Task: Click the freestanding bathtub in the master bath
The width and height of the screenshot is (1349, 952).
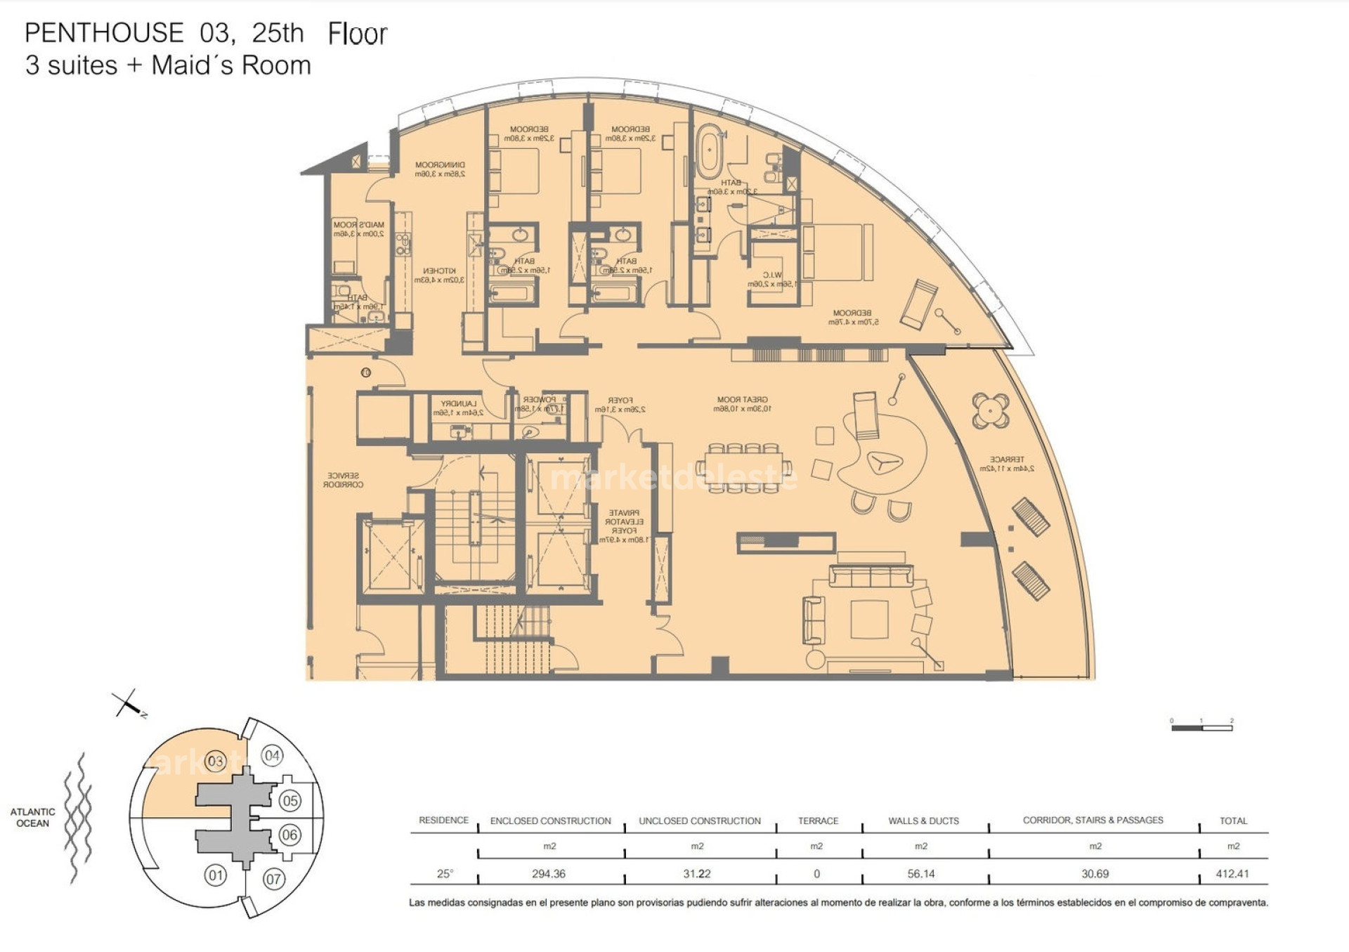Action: pyautogui.click(x=709, y=151)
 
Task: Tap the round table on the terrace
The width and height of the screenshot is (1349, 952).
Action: pyautogui.click(x=991, y=410)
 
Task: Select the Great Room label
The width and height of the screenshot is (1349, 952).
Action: pyautogui.click(x=742, y=404)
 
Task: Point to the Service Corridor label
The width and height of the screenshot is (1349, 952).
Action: pyautogui.click(x=343, y=480)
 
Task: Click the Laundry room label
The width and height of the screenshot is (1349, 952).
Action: pyautogui.click(x=458, y=408)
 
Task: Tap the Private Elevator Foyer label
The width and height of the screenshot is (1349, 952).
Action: pyautogui.click(x=624, y=526)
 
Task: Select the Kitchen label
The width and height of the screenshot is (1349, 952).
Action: pyautogui.click(x=439, y=275)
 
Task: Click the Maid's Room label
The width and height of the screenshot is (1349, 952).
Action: pyautogui.click(x=358, y=229)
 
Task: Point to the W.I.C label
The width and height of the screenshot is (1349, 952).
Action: pyautogui.click(x=771, y=279)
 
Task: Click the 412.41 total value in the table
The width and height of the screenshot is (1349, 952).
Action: pyautogui.click(x=1232, y=874)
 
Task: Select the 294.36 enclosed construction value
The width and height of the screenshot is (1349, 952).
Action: pyautogui.click(x=549, y=874)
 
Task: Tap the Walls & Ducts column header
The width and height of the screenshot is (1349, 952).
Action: pyautogui.click(x=923, y=821)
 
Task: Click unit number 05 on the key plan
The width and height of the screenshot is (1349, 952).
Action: pyautogui.click(x=289, y=800)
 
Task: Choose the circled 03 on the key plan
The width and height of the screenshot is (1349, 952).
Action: pyautogui.click(x=215, y=761)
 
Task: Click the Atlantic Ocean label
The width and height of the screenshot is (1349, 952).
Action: pyautogui.click(x=32, y=817)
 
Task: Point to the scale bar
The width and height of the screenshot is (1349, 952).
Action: pyautogui.click(x=1201, y=728)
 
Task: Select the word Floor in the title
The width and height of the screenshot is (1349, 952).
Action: pyautogui.click(x=357, y=34)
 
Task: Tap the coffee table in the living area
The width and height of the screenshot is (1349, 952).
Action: pyautogui.click(x=869, y=618)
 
